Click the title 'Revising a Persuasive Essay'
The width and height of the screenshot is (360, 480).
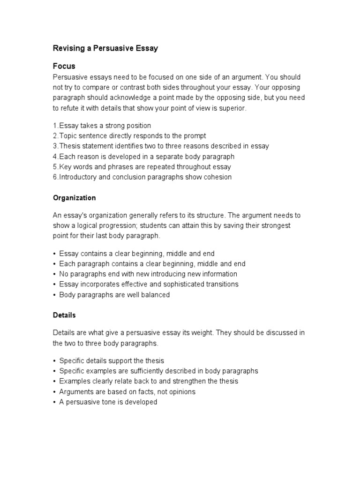(x=105, y=49)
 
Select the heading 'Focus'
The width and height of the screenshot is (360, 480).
(x=64, y=66)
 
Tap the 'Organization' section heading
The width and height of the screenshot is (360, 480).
(x=74, y=198)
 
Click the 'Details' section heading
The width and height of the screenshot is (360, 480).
(x=64, y=315)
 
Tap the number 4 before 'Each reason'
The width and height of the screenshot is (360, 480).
(x=55, y=157)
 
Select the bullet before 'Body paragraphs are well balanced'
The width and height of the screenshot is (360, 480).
(x=55, y=295)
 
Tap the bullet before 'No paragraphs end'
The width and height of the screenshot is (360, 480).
(x=55, y=274)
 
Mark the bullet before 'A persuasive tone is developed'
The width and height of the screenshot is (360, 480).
(x=55, y=402)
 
